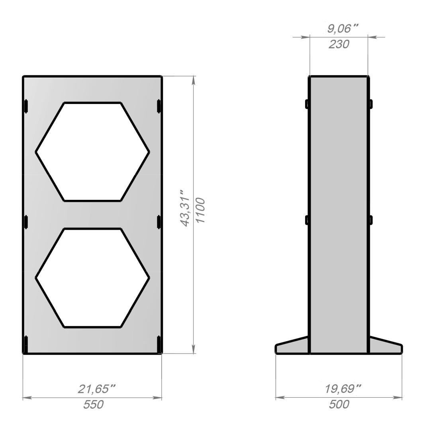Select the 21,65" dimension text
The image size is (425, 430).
96,389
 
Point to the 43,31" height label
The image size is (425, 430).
186,208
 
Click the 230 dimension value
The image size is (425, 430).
339,44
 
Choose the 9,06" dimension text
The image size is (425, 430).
343,29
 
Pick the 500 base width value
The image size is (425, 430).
339,405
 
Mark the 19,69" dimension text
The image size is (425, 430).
343,389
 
